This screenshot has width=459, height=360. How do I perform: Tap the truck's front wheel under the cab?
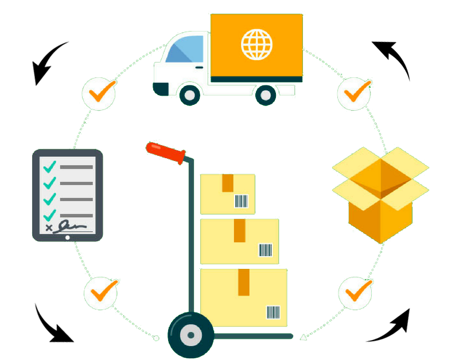coord(190,95)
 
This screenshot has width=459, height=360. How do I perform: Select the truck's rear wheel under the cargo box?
coord(266,95)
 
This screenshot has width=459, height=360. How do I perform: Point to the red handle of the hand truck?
coord(166,152)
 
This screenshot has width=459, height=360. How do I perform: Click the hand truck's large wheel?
coord(190,335)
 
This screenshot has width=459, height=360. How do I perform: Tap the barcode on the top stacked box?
coord(241,201)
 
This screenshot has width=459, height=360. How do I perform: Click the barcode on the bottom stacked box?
coord(273,312)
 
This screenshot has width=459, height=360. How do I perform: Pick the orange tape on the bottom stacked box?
coord(244,282)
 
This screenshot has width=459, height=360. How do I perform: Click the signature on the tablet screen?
coord(75,225)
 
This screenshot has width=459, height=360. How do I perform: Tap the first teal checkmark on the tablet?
coord(50,166)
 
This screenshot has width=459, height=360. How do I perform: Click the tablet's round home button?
coord(68,237)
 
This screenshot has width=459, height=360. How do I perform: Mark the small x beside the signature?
coord(49,228)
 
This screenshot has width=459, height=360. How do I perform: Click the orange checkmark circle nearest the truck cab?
coord(99,92)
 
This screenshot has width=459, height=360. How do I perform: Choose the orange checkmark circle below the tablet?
coord(102,292)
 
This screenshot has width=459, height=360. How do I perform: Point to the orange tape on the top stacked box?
coord(228,183)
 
